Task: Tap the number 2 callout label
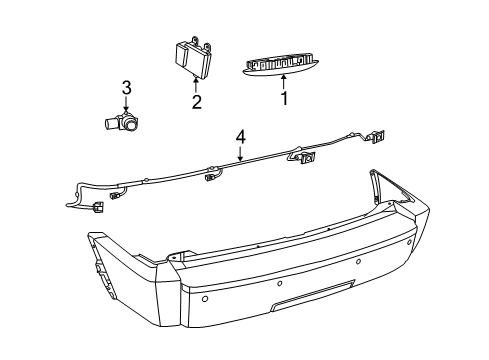196,100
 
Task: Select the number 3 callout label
126,89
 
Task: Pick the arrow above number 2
196,83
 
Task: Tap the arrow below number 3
126,105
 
